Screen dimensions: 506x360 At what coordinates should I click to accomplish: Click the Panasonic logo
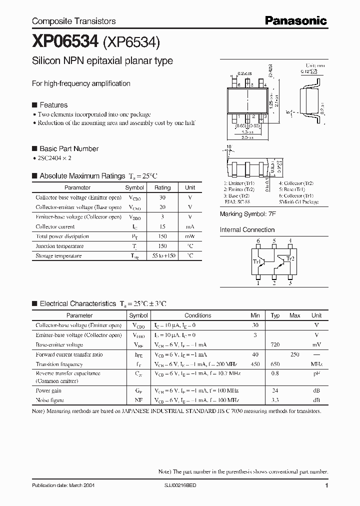point(295,20)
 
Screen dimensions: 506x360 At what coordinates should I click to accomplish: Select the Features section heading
point(53,105)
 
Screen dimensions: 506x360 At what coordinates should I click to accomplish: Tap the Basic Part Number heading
point(68,148)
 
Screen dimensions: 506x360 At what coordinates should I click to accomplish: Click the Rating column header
point(162,187)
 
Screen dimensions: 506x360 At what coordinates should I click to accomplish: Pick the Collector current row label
point(55,226)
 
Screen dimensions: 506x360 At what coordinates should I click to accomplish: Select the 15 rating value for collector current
point(162,226)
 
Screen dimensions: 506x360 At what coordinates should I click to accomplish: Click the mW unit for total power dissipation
point(190,236)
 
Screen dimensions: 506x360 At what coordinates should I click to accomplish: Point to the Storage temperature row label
point(58,255)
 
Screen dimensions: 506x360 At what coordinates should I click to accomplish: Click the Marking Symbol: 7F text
point(247,214)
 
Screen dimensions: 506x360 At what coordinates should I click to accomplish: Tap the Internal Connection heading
point(247,230)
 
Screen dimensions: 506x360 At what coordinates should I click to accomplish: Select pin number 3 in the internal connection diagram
point(290,283)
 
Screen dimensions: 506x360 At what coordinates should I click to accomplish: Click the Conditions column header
point(198,315)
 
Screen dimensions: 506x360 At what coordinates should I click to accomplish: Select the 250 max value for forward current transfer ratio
point(295,354)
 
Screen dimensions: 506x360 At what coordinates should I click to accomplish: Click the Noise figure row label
point(50,400)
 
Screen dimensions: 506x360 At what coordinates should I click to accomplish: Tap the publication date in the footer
point(63,485)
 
